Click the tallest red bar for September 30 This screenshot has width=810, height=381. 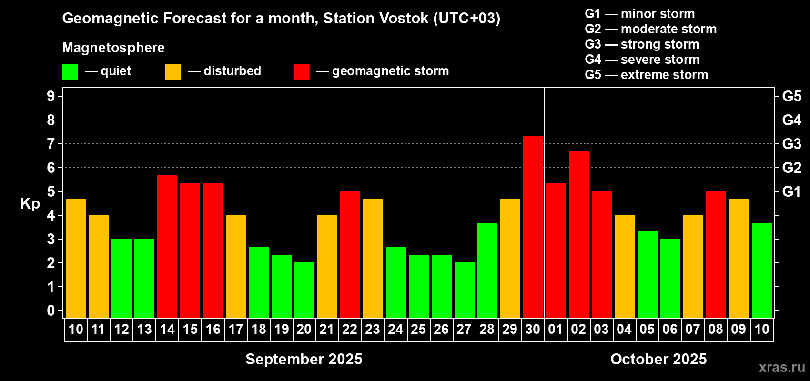533,227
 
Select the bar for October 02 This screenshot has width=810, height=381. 578,235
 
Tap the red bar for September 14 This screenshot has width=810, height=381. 167,247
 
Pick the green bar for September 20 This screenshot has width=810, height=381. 304,290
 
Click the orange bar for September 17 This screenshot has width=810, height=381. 236,267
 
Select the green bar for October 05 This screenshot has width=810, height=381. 647,275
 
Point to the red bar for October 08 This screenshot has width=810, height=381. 716,255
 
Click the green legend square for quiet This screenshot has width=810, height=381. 70,71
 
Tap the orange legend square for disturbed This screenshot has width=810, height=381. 172,71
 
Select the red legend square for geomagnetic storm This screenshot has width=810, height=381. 301,71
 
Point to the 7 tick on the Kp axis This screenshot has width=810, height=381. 51,144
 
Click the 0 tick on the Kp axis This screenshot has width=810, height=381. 51,311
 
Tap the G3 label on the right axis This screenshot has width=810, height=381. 791,144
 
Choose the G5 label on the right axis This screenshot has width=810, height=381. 791,96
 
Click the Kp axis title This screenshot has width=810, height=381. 30,203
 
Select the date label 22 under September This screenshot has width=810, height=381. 350,329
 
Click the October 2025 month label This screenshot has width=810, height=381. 658,359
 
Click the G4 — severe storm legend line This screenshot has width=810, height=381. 642,59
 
